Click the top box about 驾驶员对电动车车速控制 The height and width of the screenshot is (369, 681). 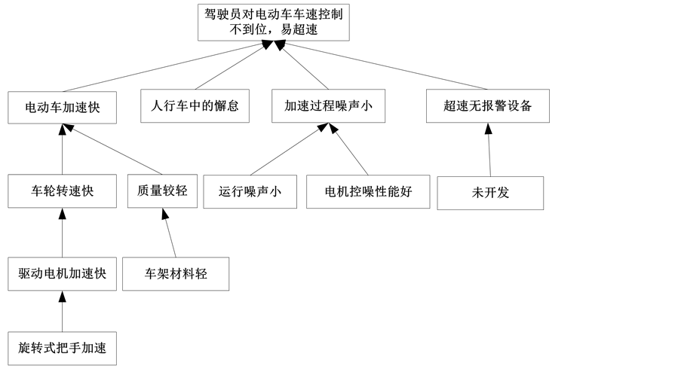coord(273,23)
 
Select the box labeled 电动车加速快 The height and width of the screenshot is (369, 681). coord(62,108)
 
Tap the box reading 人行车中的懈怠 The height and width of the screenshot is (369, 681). coord(195,106)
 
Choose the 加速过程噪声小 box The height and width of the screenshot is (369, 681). coord(328,106)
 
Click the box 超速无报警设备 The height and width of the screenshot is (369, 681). coord(487,106)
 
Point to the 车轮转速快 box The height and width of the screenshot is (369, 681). coord(62,191)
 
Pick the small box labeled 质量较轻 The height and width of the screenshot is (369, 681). coord(162,191)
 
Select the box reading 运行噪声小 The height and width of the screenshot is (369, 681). coord(250,192)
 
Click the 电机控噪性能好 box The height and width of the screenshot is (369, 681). coord(368,192)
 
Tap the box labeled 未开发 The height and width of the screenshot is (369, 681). coord(490,193)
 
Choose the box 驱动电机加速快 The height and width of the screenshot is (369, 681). coord(62,273)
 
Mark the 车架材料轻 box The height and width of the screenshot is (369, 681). coord(176,274)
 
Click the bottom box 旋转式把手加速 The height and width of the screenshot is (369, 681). coord(62,349)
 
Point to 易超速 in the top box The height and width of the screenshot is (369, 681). coord(299,30)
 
